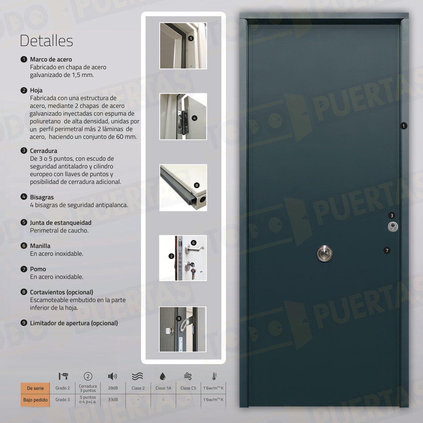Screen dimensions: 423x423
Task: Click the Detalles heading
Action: pyautogui.click(x=47, y=41)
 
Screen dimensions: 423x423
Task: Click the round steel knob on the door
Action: pyautogui.click(x=324, y=253)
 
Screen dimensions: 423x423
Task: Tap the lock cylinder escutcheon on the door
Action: pyautogui.click(x=393, y=226)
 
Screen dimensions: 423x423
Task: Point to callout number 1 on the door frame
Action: pyautogui.click(x=404, y=126)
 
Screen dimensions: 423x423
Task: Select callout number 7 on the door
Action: pyautogui.click(x=387, y=251)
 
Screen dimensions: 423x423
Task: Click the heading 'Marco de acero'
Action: pyautogui.click(x=51, y=60)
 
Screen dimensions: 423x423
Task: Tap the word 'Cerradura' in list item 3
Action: pyautogui.click(x=43, y=151)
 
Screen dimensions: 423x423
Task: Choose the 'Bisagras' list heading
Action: pyautogui.click(x=42, y=197)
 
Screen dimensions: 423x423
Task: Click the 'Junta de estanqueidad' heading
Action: pyautogui.click(x=60, y=223)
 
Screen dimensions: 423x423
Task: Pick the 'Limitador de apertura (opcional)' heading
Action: pyautogui.click(x=74, y=323)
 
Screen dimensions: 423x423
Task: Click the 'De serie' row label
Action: pyautogui.click(x=35, y=388)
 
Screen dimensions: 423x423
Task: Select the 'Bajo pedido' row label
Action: pyautogui.click(x=35, y=400)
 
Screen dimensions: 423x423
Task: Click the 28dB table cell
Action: pyautogui.click(x=113, y=388)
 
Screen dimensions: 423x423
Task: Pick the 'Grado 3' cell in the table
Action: pyautogui.click(x=62, y=400)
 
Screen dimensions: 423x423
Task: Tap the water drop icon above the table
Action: pyautogui.click(x=163, y=376)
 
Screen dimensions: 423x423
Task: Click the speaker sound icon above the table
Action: pyautogui.click(x=112, y=376)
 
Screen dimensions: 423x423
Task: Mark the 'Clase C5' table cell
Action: pyautogui.click(x=188, y=388)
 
